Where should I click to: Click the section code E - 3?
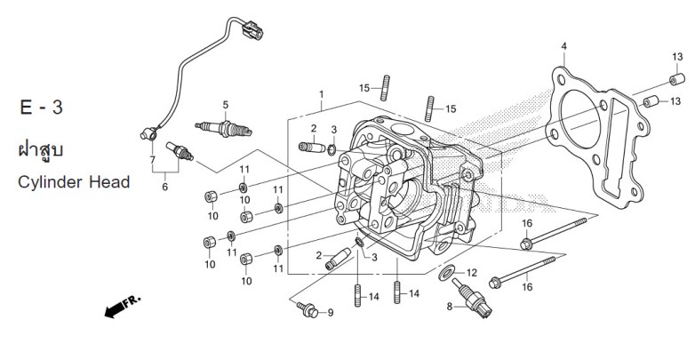40,108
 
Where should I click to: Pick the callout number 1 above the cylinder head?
322,94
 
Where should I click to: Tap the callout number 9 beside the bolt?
330,312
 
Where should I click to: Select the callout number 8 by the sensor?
450,307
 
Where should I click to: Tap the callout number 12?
472,273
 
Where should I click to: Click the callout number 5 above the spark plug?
226,104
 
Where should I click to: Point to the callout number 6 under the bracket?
164,188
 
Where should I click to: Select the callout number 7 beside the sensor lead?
152,160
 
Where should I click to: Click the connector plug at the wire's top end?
252,33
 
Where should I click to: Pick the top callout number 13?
676,55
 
